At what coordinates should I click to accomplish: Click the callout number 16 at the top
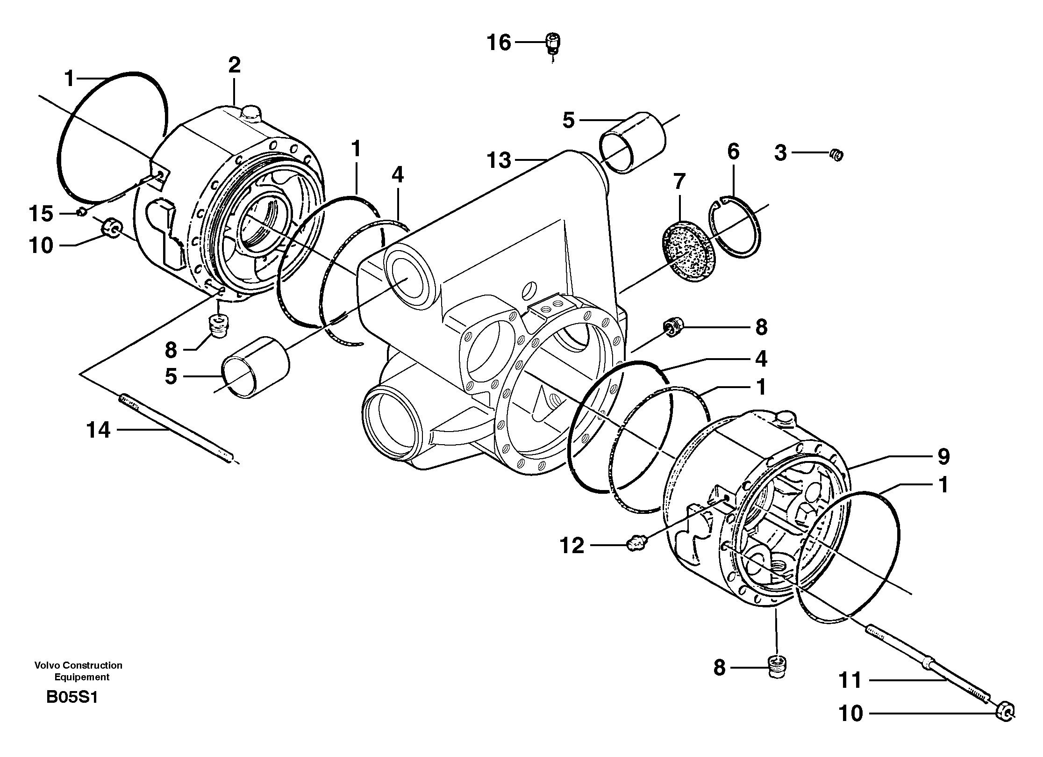[x=499, y=43]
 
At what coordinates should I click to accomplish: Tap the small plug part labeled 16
[x=553, y=43]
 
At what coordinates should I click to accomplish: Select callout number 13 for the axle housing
[x=499, y=161]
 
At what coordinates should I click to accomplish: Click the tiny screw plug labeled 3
[x=836, y=155]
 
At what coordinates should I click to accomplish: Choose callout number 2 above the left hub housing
[x=234, y=65]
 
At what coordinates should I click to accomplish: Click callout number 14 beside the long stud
[x=99, y=430]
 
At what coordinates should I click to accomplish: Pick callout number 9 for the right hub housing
[x=943, y=456]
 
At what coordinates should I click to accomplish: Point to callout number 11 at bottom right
[x=850, y=693]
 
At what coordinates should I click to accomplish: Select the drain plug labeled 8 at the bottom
[x=778, y=666]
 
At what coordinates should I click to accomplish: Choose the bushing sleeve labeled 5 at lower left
[x=256, y=368]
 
